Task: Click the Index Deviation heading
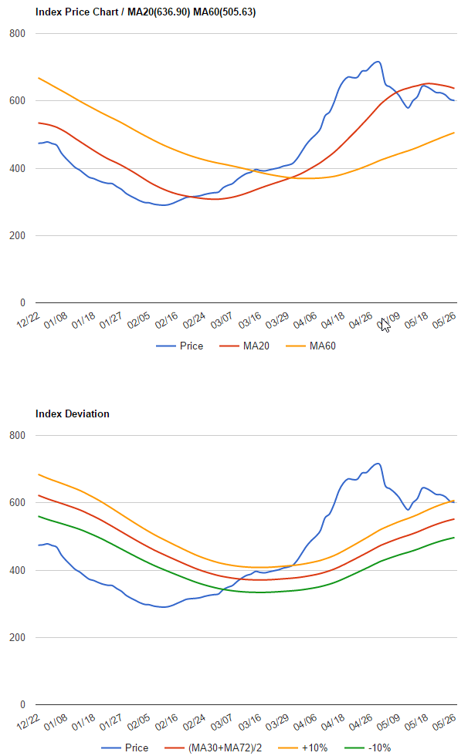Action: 73,414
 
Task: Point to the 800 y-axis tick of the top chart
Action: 17,34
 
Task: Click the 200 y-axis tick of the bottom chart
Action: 17,638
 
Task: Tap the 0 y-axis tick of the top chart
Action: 22,303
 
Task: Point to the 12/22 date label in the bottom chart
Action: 29,723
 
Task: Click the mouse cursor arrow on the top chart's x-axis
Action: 385,325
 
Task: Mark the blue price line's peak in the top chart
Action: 377,62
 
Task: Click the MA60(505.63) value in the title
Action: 228,12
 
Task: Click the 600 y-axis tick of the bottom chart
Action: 17,503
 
